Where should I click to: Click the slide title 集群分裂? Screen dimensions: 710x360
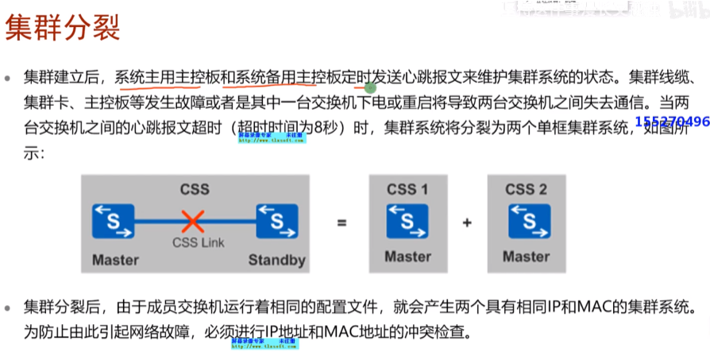[63, 28]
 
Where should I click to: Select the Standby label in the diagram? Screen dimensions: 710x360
[276, 260]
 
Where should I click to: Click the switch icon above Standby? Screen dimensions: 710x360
[276, 220]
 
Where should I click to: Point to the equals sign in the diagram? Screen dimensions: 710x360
[341, 223]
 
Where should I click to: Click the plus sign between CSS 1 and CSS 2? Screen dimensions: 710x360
[467, 223]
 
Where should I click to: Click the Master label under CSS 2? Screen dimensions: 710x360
[526, 257]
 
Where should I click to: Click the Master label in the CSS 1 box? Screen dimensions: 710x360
[407, 257]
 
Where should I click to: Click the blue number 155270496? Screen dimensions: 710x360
[671, 122]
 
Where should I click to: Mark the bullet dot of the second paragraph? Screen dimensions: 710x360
[9, 305]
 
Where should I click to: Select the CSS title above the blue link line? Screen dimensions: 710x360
[195, 189]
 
